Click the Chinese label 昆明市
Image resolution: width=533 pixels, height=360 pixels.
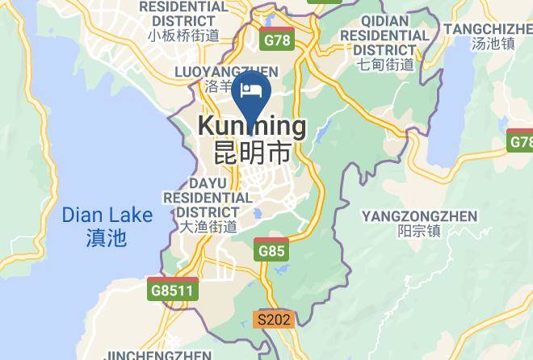[252, 152]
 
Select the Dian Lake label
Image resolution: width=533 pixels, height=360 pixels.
[107, 216]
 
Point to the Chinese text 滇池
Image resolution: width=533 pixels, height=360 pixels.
[106, 237]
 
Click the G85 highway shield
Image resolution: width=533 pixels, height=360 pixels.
[272, 250]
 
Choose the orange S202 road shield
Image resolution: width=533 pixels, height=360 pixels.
[273, 320]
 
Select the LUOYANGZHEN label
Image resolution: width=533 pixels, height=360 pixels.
[226, 72]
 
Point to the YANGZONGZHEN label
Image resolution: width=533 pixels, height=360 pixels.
[419, 216]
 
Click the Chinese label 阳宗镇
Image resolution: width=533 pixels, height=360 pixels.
[420, 231]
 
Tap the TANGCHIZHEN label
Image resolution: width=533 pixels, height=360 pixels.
[488, 29]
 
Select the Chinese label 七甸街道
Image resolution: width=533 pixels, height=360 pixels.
[385, 65]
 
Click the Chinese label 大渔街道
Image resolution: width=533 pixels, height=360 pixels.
[208, 227]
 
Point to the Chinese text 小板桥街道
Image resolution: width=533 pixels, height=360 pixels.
[183, 35]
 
